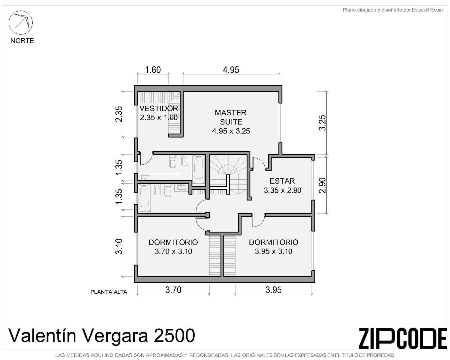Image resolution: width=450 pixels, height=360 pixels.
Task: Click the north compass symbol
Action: click(x=20, y=23)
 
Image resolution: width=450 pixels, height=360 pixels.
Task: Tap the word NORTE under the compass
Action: click(x=22, y=40)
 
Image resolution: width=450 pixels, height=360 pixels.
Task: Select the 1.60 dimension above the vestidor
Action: click(x=153, y=70)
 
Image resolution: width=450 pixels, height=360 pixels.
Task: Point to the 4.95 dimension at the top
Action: click(x=231, y=70)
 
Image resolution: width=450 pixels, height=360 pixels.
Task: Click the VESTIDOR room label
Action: click(x=159, y=108)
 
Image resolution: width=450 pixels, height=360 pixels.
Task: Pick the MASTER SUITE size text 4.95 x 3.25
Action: click(x=231, y=131)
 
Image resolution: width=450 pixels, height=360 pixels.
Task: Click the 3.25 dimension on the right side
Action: click(x=322, y=123)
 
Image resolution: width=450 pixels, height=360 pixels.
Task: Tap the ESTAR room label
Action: click(x=282, y=181)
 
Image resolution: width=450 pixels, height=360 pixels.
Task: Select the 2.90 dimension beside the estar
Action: click(x=322, y=185)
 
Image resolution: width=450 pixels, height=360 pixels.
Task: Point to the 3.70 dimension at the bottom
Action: click(x=173, y=290)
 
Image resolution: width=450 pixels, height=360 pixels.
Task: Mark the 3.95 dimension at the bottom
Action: click(x=274, y=290)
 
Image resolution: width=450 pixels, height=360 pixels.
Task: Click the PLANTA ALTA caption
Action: click(x=109, y=292)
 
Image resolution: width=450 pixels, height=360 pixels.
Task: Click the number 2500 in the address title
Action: click(x=174, y=336)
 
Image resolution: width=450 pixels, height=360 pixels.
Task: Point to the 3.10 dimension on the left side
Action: click(x=119, y=246)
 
